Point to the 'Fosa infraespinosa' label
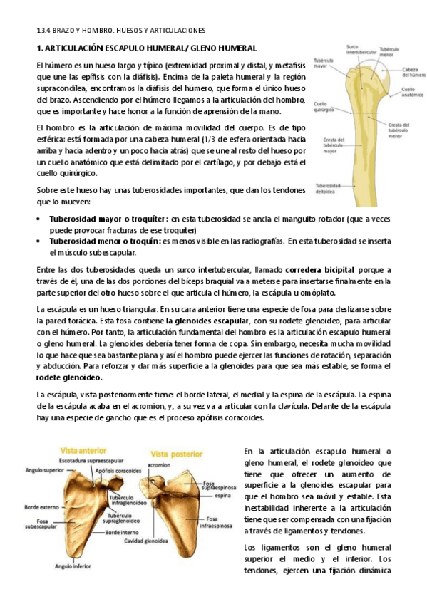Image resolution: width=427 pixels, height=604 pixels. pyautogui.click(x=215, y=522)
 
